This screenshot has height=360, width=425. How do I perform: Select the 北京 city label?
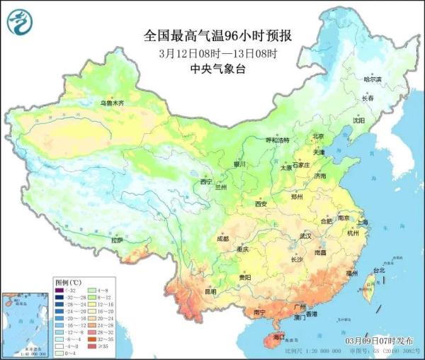point(317,136)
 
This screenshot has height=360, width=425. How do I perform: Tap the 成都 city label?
point(222,239)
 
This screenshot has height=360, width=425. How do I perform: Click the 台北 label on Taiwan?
point(378,270)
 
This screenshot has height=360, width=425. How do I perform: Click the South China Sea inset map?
point(25,322)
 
